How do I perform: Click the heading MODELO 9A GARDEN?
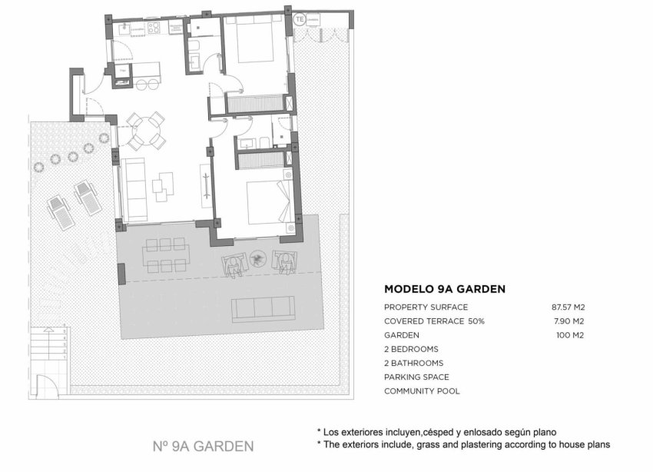coord(444,290)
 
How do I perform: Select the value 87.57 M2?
coord(568,307)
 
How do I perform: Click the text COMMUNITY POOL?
coord(422,391)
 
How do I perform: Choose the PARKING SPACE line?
coord(416,377)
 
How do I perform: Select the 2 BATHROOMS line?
coord(413,363)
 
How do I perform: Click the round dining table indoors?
coord(145,131)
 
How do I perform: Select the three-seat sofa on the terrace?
coord(264,307)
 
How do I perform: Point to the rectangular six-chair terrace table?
coord(165,254)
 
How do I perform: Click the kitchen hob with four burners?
coord(153,28)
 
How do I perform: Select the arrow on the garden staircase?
coord(48,330)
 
